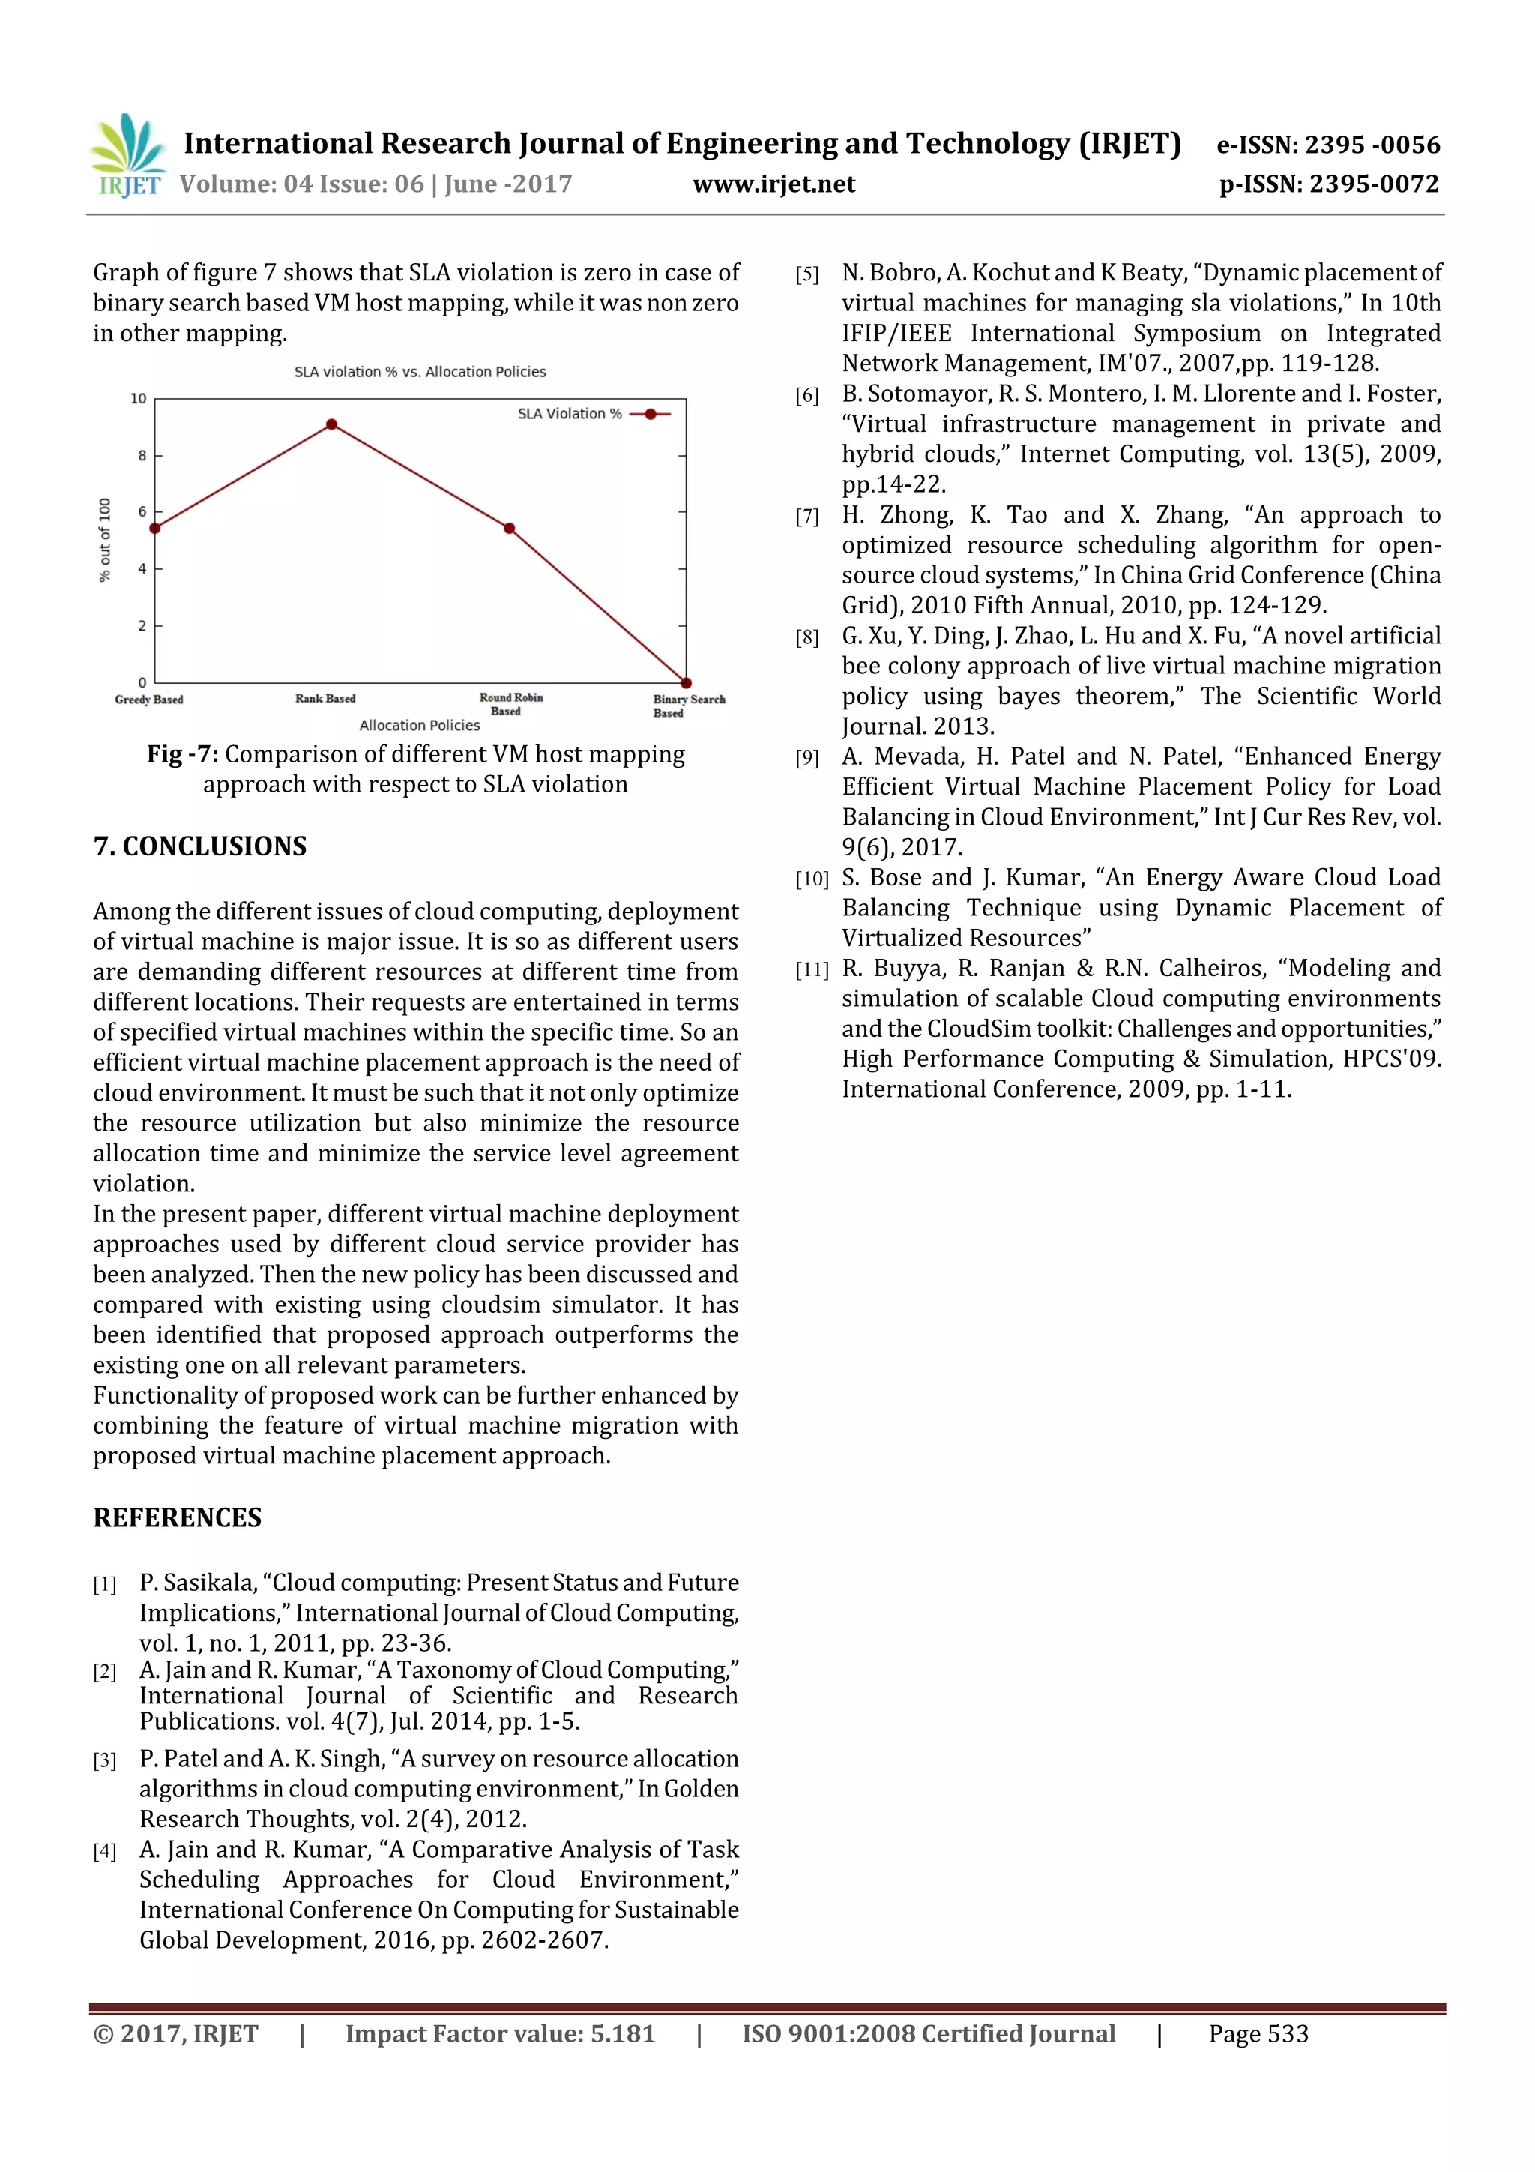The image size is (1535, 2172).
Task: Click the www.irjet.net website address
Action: [773, 184]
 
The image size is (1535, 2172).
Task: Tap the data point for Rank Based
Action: [331, 425]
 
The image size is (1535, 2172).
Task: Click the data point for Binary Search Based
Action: [686, 682]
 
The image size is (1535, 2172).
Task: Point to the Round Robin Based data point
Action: [509, 528]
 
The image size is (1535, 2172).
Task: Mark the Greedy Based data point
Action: [155, 528]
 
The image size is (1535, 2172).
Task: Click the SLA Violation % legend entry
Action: [594, 413]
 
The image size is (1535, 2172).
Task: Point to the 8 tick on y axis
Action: [143, 455]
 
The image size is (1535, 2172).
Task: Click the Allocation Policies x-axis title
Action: [419, 726]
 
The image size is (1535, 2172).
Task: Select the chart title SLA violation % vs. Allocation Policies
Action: [420, 372]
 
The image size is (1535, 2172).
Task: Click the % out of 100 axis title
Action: [105, 540]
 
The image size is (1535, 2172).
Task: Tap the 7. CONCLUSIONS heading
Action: [201, 846]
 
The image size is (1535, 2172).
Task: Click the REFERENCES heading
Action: [177, 1517]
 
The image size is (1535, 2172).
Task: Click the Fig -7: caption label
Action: [183, 754]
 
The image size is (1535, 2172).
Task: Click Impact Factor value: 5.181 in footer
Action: [499, 2034]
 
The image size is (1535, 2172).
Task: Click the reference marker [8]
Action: [806, 637]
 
